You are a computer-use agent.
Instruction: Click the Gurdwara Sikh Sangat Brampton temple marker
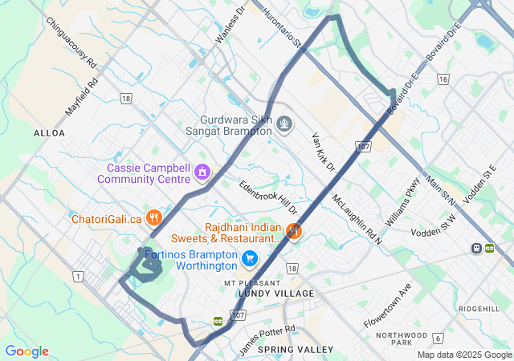tap(284, 124)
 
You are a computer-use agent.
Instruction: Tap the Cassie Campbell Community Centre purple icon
tap(204, 171)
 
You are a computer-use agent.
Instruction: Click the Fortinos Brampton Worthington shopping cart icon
tap(250, 258)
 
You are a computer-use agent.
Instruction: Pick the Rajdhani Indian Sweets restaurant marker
tap(295, 232)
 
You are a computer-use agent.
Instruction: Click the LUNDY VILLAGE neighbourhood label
tap(276, 294)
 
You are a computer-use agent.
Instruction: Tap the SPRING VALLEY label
tap(300, 350)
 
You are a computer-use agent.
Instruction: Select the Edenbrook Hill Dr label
tap(273, 197)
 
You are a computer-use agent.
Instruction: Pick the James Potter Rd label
tap(267, 340)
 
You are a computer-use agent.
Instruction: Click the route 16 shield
tap(443, 79)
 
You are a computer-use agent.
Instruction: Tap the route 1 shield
tap(78, 276)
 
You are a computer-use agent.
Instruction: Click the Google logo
tap(27, 351)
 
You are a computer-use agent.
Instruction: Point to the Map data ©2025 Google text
tap(463, 355)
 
